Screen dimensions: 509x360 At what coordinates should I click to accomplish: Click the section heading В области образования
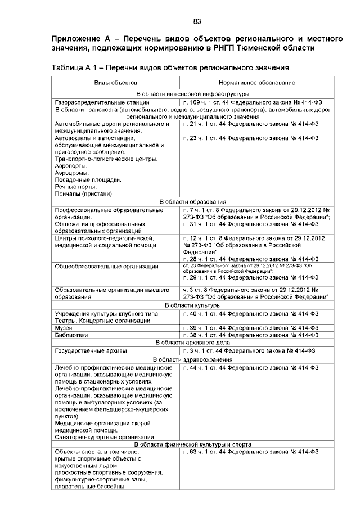192,201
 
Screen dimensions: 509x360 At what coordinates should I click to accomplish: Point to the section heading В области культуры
192,305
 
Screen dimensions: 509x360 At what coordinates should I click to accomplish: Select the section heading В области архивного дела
192,342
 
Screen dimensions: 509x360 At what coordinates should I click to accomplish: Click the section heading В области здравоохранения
192,359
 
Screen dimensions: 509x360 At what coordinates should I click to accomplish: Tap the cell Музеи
64,327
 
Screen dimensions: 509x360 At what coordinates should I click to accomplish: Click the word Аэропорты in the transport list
71,166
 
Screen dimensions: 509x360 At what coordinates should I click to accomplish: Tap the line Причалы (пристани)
83,194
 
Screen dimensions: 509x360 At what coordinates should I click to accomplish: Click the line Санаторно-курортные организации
104,436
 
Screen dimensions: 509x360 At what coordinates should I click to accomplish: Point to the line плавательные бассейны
89,487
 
